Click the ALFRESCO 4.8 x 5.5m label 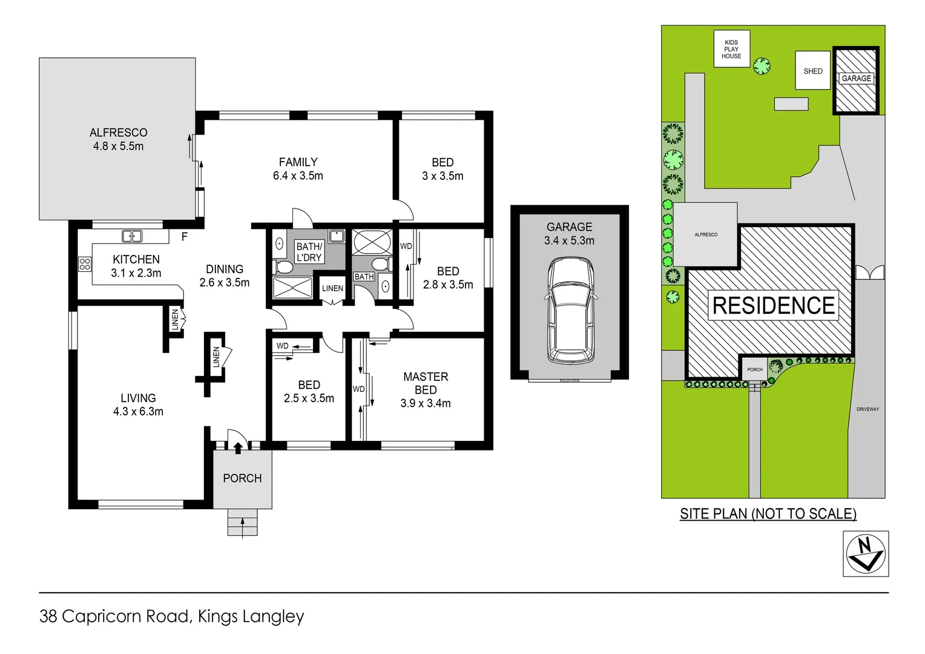[118, 139]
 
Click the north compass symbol [866, 553]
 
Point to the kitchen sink [132, 236]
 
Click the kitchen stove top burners [85, 264]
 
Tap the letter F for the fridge [185, 237]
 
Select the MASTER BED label [426, 383]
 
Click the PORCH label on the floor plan [242, 478]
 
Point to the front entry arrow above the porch [238, 448]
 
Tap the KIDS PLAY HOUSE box [731, 49]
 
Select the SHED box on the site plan [812, 71]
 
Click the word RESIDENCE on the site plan [773, 306]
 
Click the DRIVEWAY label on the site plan [867, 409]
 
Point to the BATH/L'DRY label [309, 252]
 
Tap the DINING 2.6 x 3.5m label [225, 276]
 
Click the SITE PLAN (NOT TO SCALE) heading [768, 514]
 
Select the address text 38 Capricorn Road [115, 616]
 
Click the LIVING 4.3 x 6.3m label [138, 405]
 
